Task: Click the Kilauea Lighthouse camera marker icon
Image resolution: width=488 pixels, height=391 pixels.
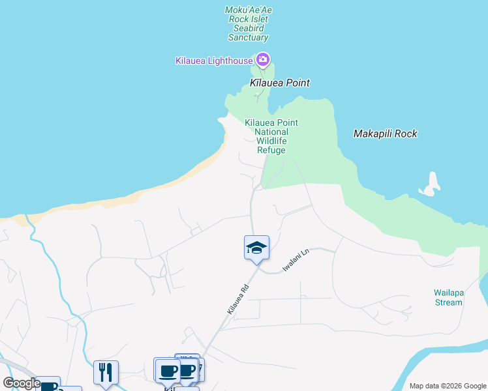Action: click(263, 61)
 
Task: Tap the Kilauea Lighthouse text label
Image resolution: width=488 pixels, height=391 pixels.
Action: click(214, 61)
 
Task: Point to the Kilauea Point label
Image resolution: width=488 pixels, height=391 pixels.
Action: click(280, 83)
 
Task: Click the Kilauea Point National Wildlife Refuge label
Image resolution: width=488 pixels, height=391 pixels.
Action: click(271, 136)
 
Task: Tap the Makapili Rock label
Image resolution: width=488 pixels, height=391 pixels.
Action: click(385, 134)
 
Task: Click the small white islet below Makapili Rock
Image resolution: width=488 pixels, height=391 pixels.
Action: click(430, 186)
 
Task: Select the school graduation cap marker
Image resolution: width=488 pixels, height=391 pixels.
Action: click(257, 248)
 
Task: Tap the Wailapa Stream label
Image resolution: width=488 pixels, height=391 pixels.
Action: click(448, 297)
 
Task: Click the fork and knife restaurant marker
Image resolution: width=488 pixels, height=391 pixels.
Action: click(106, 372)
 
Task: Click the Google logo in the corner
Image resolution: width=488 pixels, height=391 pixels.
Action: click(22, 383)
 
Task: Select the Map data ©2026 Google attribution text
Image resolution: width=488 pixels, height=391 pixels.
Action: click(447, 386)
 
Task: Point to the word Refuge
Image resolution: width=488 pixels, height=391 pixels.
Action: click(271, 151)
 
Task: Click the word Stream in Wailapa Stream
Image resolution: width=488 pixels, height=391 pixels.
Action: click(448, 302)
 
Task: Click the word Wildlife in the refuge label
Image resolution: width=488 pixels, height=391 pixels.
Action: click(271, 141)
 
